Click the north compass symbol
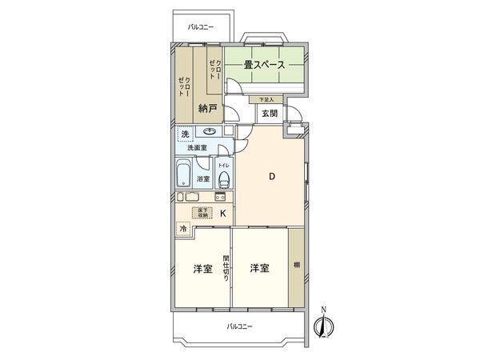click(x=323, y=326)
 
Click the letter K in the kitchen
click(x=223, y=213)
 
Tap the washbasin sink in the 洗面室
click(x=210, y=133)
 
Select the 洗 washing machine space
click(x=185, y=133)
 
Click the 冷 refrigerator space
click(x=184, y=227)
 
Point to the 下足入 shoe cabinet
click(x=266, y=100)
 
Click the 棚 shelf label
click(x=296, y=266)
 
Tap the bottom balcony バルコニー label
click(x=238, y=326)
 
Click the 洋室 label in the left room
click(x=202, y=268)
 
